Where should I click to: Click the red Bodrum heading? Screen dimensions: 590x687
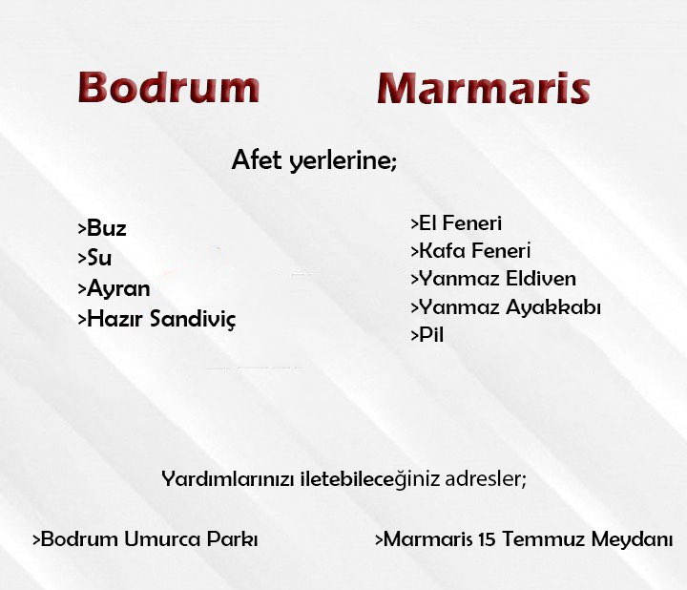168,88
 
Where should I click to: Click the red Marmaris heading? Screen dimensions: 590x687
483,89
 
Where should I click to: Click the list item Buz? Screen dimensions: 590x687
105,229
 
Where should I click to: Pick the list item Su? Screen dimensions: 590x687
98,258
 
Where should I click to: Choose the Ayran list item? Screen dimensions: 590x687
117,288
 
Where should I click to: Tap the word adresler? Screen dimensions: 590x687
486,478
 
